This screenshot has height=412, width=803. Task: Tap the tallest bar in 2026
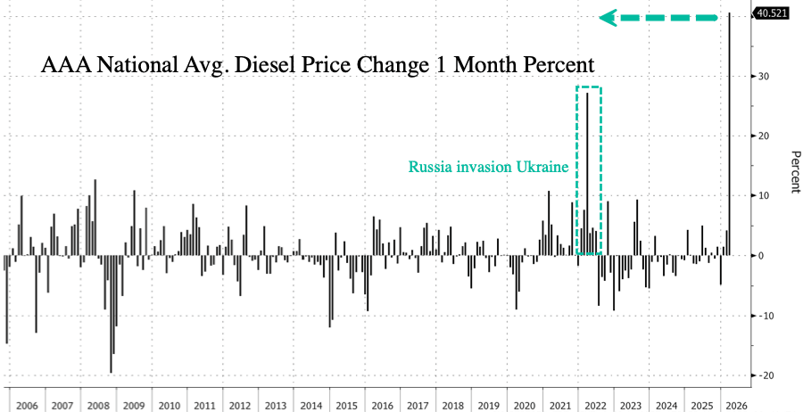pos(731,134)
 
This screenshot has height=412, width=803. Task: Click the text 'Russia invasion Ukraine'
pos(489,166)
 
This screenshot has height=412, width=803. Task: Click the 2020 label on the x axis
pos(524,404)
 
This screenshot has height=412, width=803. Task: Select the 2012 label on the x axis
pos(241,404)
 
